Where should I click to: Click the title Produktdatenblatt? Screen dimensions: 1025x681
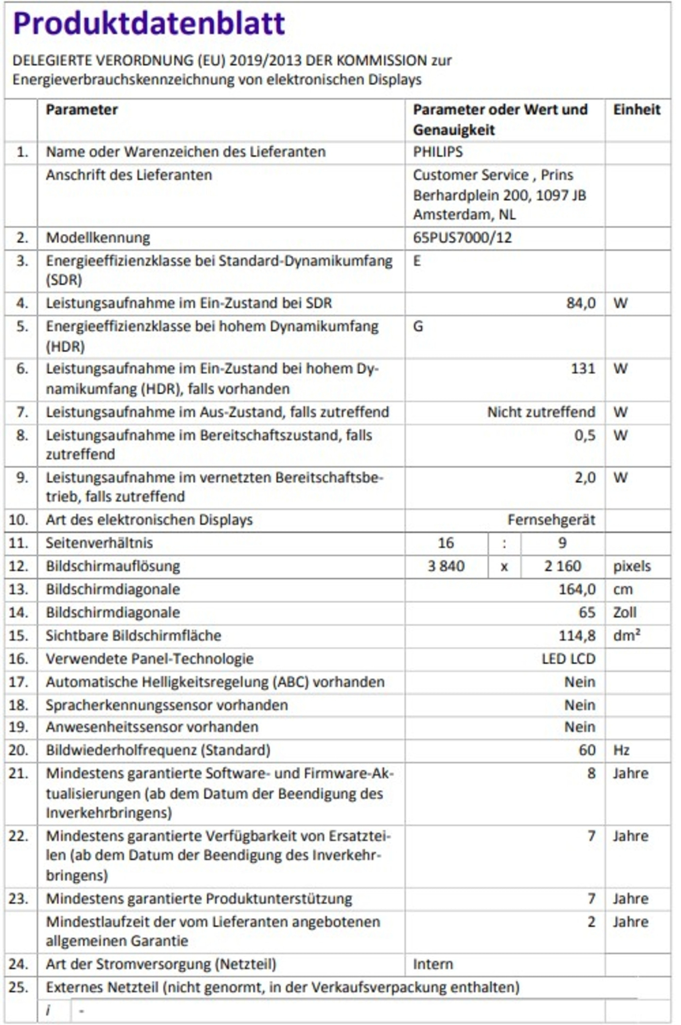coord(148,23)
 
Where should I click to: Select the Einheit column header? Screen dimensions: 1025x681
coord(636,110)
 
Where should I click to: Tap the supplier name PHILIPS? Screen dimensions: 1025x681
coord(438,152)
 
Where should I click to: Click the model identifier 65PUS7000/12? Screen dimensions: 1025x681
coord(462,238)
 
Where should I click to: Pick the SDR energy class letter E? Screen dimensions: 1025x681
coord(417,261)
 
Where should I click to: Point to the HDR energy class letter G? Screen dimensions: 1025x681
coord(418,326)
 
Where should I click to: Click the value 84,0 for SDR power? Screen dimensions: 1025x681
coord(581,303)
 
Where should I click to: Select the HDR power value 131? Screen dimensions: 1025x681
coord(583,368)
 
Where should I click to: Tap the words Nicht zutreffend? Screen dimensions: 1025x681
coord(541,412)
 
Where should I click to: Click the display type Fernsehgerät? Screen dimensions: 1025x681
coord(551,520)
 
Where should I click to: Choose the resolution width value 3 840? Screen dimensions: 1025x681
coord(446,566)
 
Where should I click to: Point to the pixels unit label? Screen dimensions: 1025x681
coord(631,566)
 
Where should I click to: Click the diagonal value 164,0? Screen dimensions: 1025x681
coord(577,589)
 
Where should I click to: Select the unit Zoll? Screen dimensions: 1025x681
coord(625,612)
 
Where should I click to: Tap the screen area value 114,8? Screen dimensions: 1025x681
coord(577,636)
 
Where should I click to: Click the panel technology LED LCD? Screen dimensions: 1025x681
coord(568,659)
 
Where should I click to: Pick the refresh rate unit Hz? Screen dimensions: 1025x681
coord(621,750)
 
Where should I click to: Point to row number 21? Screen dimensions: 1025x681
coord(18,773)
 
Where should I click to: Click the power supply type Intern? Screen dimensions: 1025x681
coord(433,964)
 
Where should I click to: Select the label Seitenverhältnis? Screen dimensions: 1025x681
coord(99,543)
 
